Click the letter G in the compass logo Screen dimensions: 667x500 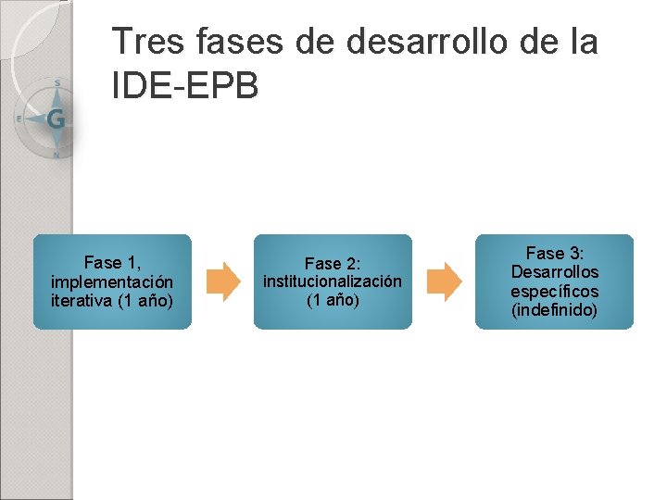coord(56,119)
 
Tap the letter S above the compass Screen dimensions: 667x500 coord(57,83)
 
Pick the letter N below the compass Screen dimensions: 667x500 coord(57,155)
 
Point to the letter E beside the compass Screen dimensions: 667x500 coord(19,119)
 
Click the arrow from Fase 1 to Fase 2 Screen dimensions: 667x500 coord(222,281)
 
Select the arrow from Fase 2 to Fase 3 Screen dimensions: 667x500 coord(444,281)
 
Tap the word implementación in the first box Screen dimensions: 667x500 coord(112,281)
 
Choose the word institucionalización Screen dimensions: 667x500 coord(333,281)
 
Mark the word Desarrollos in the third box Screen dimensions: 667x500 coord(555,272)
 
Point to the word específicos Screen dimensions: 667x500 coord(555,291)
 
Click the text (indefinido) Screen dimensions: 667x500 coord(555,309)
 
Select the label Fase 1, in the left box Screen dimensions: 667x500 coord(112,263)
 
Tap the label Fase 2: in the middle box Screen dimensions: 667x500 coord(333,264)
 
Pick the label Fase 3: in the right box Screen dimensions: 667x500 coord(555,254)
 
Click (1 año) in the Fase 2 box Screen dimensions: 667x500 coord(333,300)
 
